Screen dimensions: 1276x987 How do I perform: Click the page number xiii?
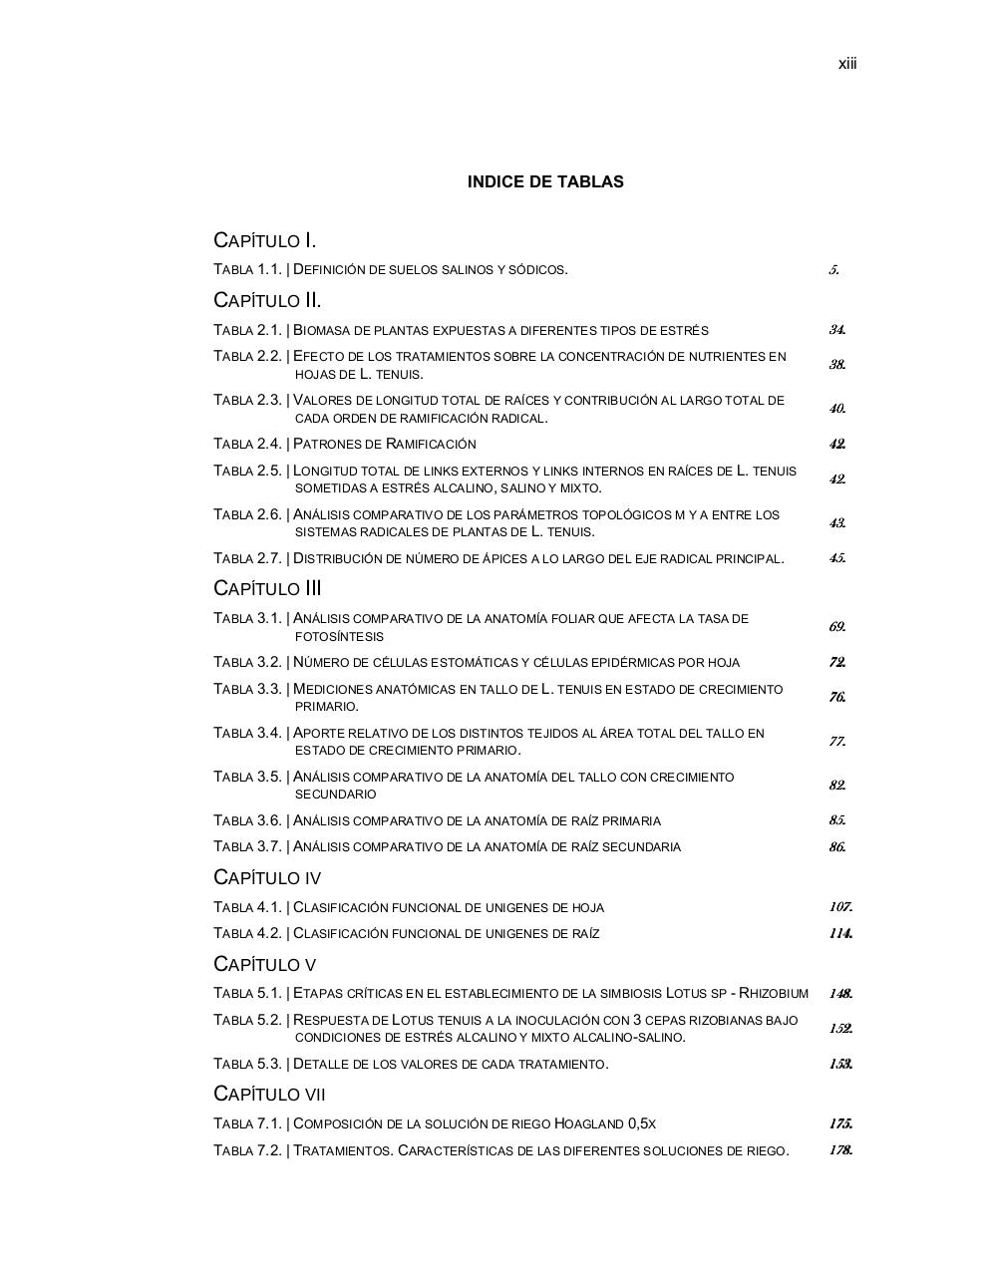pos(846,64)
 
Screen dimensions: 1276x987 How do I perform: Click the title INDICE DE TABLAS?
pos(545,181)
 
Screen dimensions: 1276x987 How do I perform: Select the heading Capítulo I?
pos(265,240)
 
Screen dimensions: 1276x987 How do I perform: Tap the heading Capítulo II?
pos(267,300)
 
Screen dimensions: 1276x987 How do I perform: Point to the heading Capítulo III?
pos(267,588)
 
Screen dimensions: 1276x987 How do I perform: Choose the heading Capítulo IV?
pos(267,877)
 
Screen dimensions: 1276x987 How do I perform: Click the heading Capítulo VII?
pos(269,1094)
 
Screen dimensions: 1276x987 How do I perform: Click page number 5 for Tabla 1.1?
pos(833,269)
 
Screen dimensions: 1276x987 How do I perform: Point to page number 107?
pos(839,907)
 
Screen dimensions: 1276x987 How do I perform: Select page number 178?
pos(839,1150)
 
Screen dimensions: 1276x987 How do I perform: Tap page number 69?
pos(836,627)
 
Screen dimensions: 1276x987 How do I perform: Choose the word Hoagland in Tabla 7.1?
pos(588,1123)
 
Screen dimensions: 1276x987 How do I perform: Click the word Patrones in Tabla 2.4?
pos(323,444)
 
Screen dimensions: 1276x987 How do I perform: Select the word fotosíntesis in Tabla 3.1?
pos(339,636)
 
